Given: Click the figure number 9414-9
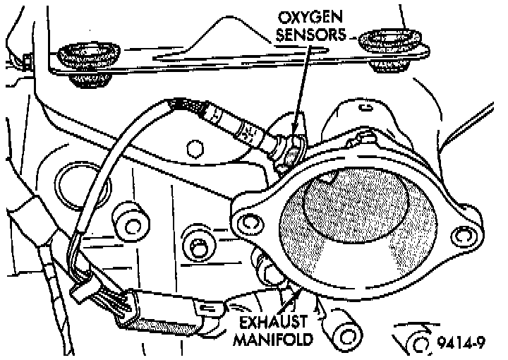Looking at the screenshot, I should pyautogui.click(x=462, y=344).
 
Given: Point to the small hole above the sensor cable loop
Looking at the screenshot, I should pyautogui.click(x=191, y=148).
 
